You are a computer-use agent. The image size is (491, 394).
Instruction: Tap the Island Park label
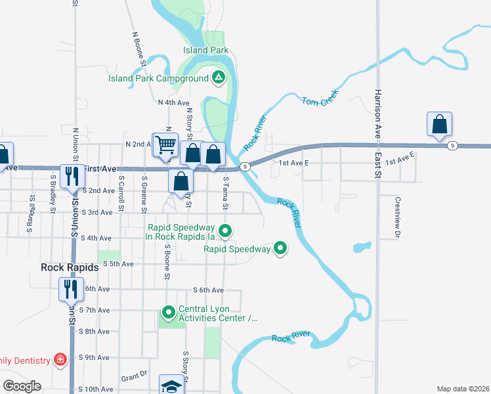[205, 50]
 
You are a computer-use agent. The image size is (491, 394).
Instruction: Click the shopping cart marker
[166, 144]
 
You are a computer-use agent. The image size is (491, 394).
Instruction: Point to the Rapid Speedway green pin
[280, 248]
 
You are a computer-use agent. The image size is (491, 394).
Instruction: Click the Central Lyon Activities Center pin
[169, 312]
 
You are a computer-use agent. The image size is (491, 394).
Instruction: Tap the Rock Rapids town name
[70, 267]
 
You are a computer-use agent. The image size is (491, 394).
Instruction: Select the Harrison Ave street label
[377, 112]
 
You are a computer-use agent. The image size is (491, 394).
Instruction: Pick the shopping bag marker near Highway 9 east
[439, 123]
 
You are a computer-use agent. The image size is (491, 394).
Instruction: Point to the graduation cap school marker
[171, 386]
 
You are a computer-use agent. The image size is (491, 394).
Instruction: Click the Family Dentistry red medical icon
[60, 360]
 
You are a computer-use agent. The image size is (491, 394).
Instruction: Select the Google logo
[22, 386]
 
